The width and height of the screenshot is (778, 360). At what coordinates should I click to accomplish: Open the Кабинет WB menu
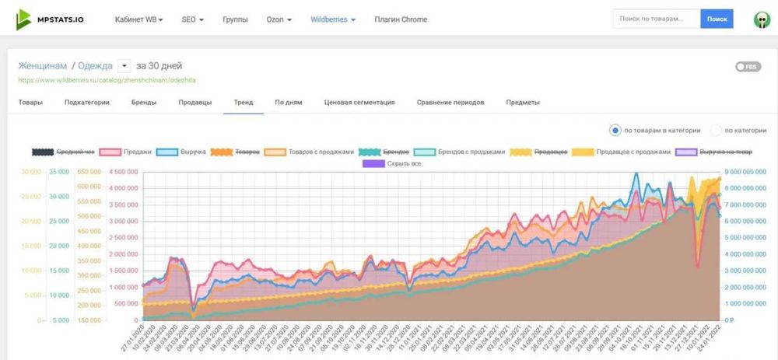pos(138,19)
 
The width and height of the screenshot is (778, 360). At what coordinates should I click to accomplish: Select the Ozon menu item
pos(279,19)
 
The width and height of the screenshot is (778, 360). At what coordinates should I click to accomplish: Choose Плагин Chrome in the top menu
pos(401,19)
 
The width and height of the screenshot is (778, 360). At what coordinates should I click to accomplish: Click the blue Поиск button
pos(717,19)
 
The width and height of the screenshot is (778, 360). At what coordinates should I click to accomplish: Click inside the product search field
pos(656,19)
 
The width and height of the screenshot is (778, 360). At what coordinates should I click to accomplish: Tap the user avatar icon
pos(762,19)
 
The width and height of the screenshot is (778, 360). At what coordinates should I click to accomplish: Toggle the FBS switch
pos(747,67)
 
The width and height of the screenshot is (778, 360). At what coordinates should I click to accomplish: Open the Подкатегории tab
pos(86,103)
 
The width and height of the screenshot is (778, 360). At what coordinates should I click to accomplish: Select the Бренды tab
pos(143,103)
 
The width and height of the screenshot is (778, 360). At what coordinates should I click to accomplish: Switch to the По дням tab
pos(288,103)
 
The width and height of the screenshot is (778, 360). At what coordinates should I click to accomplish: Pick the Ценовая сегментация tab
pos(359,103)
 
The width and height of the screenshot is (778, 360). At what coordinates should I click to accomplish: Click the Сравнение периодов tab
pos(450,103)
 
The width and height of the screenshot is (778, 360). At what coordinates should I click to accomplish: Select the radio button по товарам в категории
pos(615,131)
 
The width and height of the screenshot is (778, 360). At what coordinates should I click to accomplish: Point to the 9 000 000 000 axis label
pos(747,172)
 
